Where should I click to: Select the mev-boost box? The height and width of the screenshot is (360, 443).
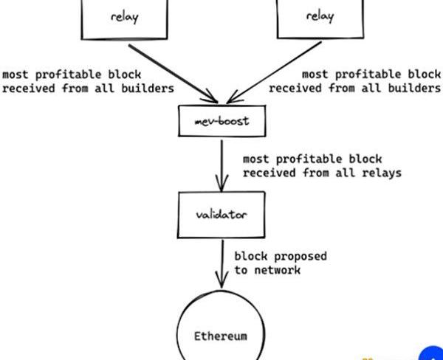[221, 121]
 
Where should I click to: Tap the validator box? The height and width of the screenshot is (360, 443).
[221, 214]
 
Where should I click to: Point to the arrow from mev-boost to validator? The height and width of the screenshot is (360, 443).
[221, 164]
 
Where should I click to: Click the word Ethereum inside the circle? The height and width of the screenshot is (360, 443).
[221, 336]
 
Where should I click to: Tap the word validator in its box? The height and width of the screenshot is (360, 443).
[221, 215]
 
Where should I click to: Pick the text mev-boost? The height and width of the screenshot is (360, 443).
[221, 121]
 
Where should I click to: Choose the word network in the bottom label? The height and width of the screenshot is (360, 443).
[278, 270]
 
